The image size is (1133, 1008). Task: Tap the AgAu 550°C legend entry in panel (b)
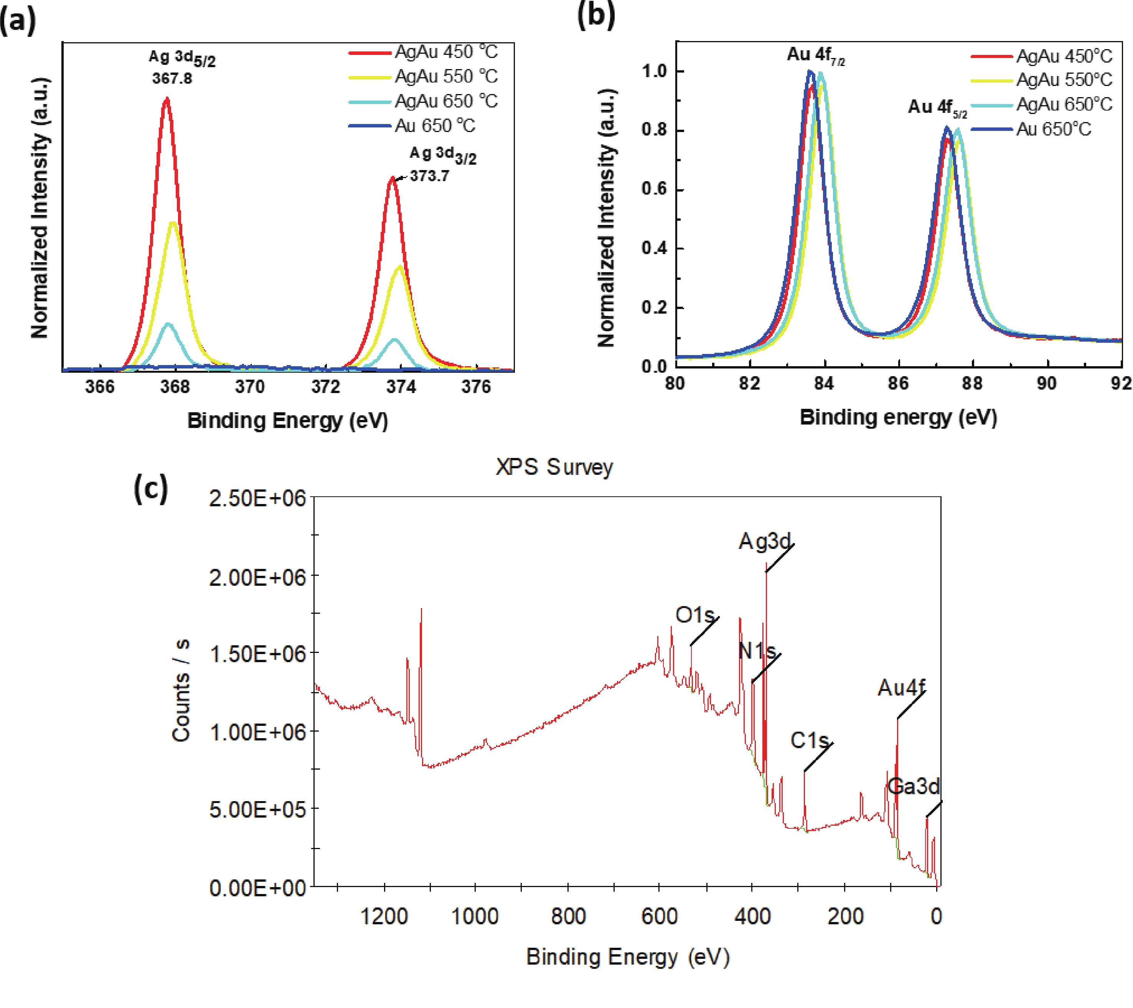[x=1064, y=80]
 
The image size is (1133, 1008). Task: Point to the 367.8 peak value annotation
[x=172, y=78]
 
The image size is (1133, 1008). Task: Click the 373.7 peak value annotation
[x=430, y=176]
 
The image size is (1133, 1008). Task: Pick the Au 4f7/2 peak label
[x=815, y=55]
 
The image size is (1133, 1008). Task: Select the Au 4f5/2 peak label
[x=937, y=107]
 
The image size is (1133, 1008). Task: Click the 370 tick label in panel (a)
[x=250, y=387]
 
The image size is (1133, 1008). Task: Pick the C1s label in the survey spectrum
[x=809, y=740]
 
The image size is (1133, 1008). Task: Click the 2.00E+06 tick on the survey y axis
[x=257, y=578]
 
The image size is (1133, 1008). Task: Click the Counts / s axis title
[x=181, y=690]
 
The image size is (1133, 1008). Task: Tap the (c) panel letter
[x=150, y=489]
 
